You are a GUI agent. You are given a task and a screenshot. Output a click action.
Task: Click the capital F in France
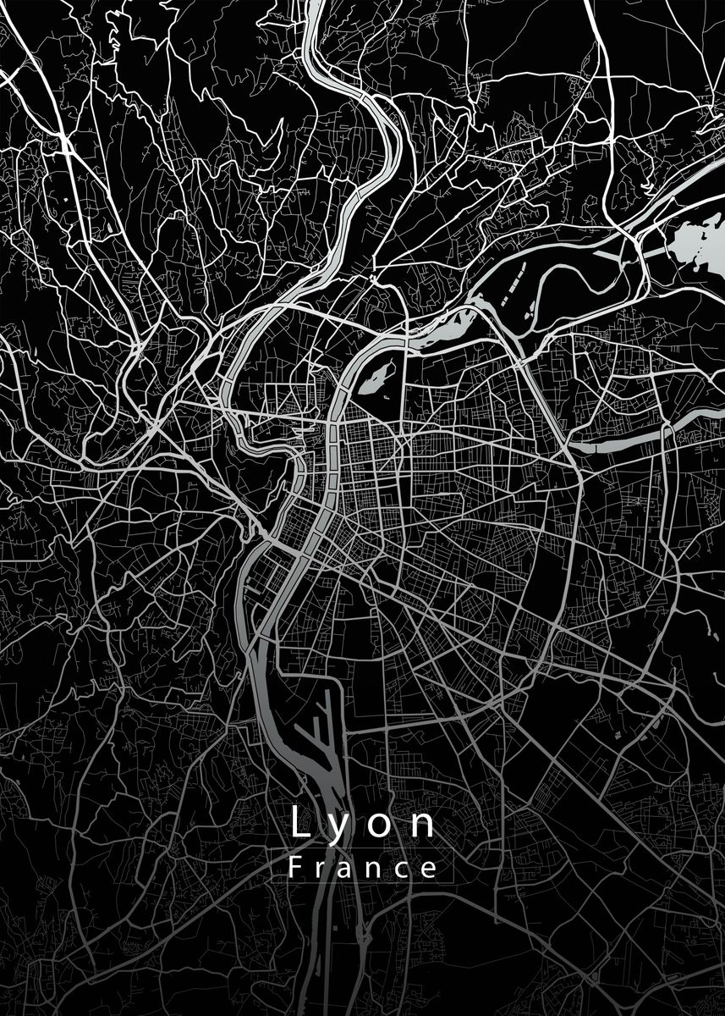click(x=295, y=868)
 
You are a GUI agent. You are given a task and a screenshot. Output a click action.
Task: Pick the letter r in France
click(x=322, y=870)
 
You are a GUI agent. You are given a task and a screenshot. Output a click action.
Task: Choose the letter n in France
click(x=377, y=870)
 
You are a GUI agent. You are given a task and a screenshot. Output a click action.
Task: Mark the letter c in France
click(x=404, y=870)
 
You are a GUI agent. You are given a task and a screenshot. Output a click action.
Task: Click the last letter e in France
click(x=431, y=870)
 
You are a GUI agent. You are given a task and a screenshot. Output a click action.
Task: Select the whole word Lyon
click(x=363, y=824)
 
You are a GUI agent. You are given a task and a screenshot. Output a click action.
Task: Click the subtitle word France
click(x=363, y=869)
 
